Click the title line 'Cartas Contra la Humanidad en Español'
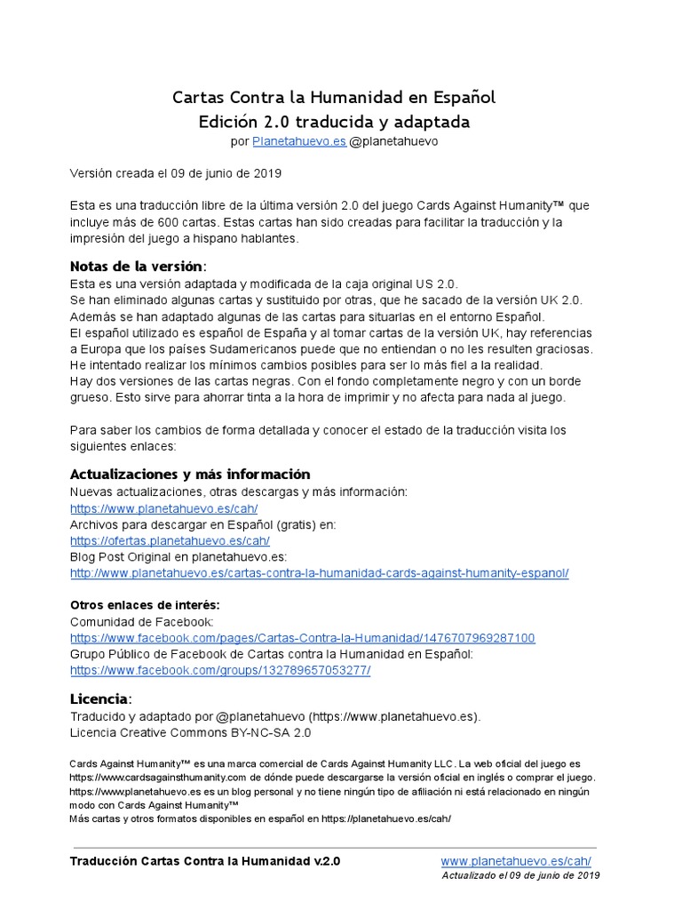click(334, 97)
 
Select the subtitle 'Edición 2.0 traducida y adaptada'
click(334, 122)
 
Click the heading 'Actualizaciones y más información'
click(190, 474)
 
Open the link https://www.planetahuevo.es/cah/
click(163, 508)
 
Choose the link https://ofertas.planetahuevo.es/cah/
click(170, 540)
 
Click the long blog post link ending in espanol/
click(319, 573)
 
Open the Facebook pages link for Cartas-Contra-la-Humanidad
click(302, 638)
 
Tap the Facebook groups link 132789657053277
click(220, 670)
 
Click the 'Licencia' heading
click(99, 698)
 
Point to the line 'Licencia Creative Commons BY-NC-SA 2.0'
click(191, 733)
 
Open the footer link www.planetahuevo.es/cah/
click(516, 861)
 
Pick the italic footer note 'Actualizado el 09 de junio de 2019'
click(520, 875)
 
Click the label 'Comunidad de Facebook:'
click(141, 622)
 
